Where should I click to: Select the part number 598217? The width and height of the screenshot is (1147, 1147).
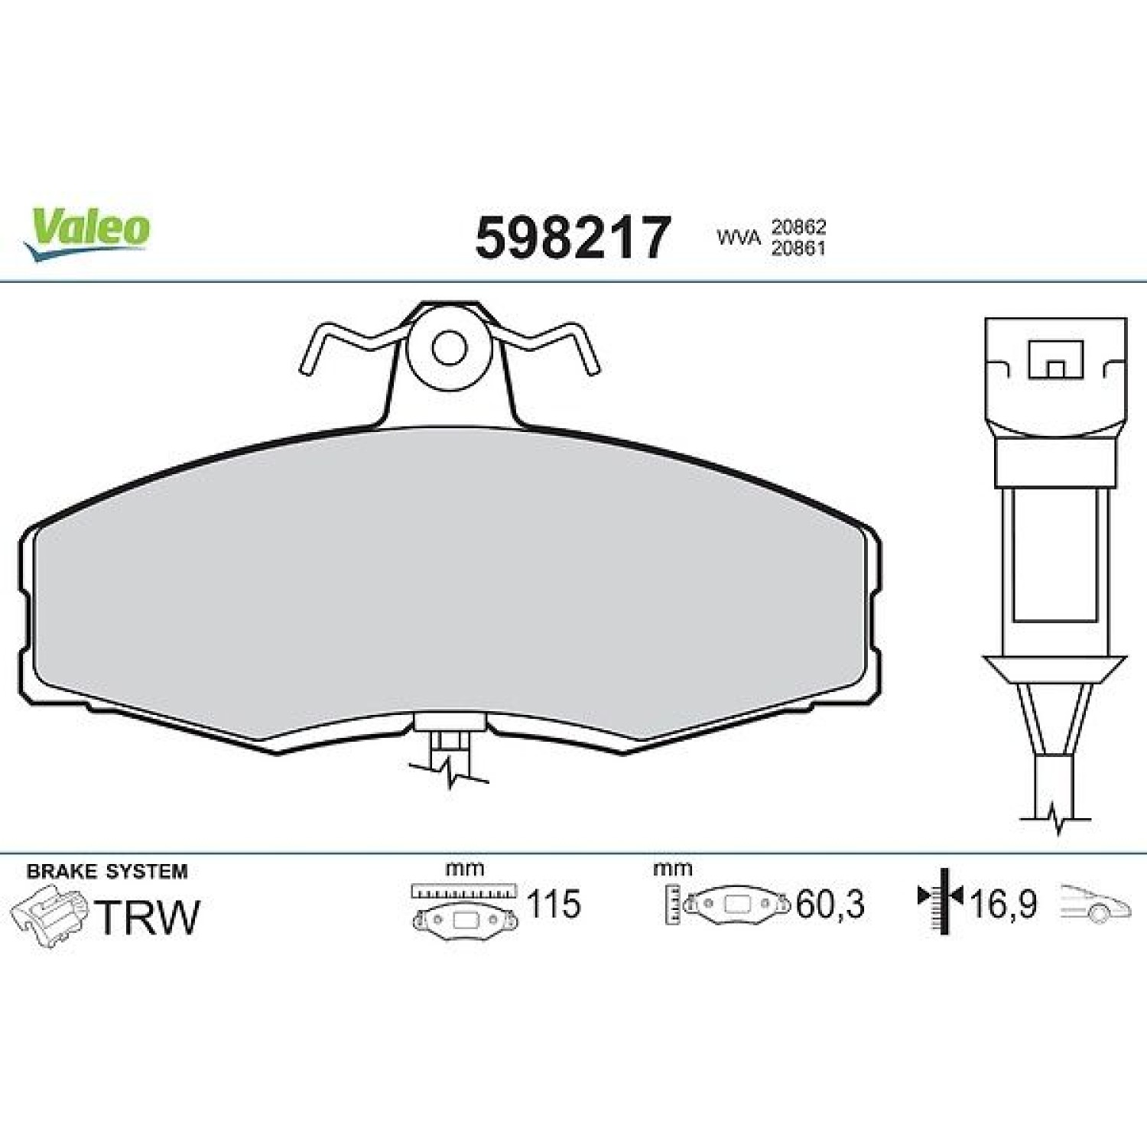click(x=573, y=238)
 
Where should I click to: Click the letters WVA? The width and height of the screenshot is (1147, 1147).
click(x=739, y=237)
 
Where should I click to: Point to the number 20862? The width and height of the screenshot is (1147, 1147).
click(x=798, y=227)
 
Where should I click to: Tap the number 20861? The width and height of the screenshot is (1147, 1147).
click(x=798, y=248)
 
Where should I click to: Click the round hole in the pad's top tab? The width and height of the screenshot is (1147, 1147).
click(x=449, y=348)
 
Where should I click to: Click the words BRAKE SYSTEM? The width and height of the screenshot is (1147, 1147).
click(x=107, y=871)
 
